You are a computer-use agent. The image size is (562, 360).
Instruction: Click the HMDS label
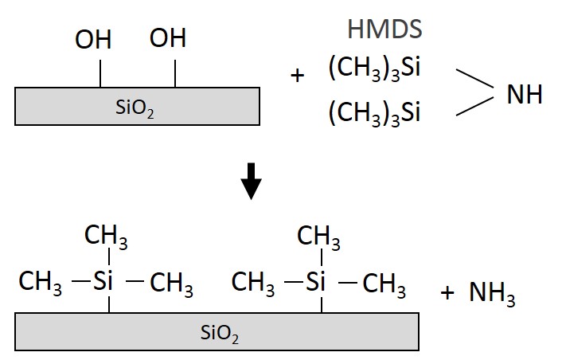pyautogui.click(x=384, y=29)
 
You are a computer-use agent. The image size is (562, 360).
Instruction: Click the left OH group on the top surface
pyautogui.click(x=94, y=40)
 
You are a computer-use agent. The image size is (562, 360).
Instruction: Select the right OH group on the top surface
pyautogui.click(x=168, y=38)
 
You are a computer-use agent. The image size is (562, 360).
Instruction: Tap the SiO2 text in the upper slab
pyautogui.click(x=135, y=108)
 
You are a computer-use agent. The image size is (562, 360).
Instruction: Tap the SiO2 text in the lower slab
pyautogui.click(x=219, y=334)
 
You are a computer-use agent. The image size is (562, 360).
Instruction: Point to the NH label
pyautogui.click(x=525, y=95)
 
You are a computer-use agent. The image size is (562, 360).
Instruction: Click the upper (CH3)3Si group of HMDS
pyautogui.click(x=374, y=69)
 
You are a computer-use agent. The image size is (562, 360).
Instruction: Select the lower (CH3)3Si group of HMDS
pyautogui.click(x=374, y=114)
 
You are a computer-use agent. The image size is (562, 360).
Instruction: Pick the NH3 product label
pyautogui.click(x=492, y=295)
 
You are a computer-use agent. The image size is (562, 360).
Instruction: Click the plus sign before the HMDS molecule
pyautogui.click(x=298, y=76)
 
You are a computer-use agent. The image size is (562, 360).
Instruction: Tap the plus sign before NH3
pyautogui.click(x=447, y=293)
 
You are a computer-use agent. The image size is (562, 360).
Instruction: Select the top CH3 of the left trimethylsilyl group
pyautogui.click(x=106, y=237)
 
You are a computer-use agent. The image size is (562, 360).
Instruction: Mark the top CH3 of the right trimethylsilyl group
pyautogui.click(x=319, y=237)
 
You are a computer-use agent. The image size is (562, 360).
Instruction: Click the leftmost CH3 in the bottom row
pyautogui.click(x=41, y=283)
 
